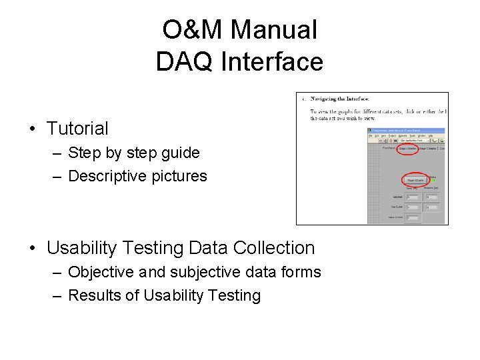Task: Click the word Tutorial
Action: coord(77,128)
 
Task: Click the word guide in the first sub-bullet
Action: coord(181,153)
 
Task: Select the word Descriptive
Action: coord(107,176)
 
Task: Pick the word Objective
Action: coord(101,272)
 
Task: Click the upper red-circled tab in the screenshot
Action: coord(407,149)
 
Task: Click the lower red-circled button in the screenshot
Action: coord(415,180)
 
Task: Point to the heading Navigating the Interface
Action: coord(346,99)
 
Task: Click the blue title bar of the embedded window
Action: coord(406,131)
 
